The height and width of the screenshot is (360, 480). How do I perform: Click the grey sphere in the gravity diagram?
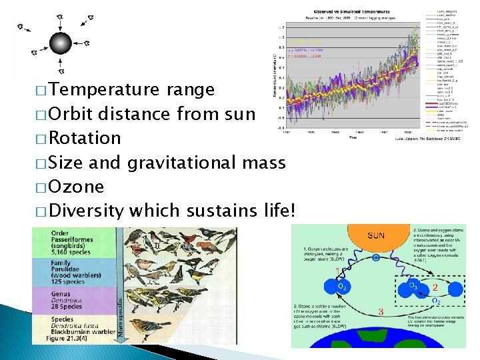[60, 43]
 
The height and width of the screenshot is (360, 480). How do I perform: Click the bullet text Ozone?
[77, 187]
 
